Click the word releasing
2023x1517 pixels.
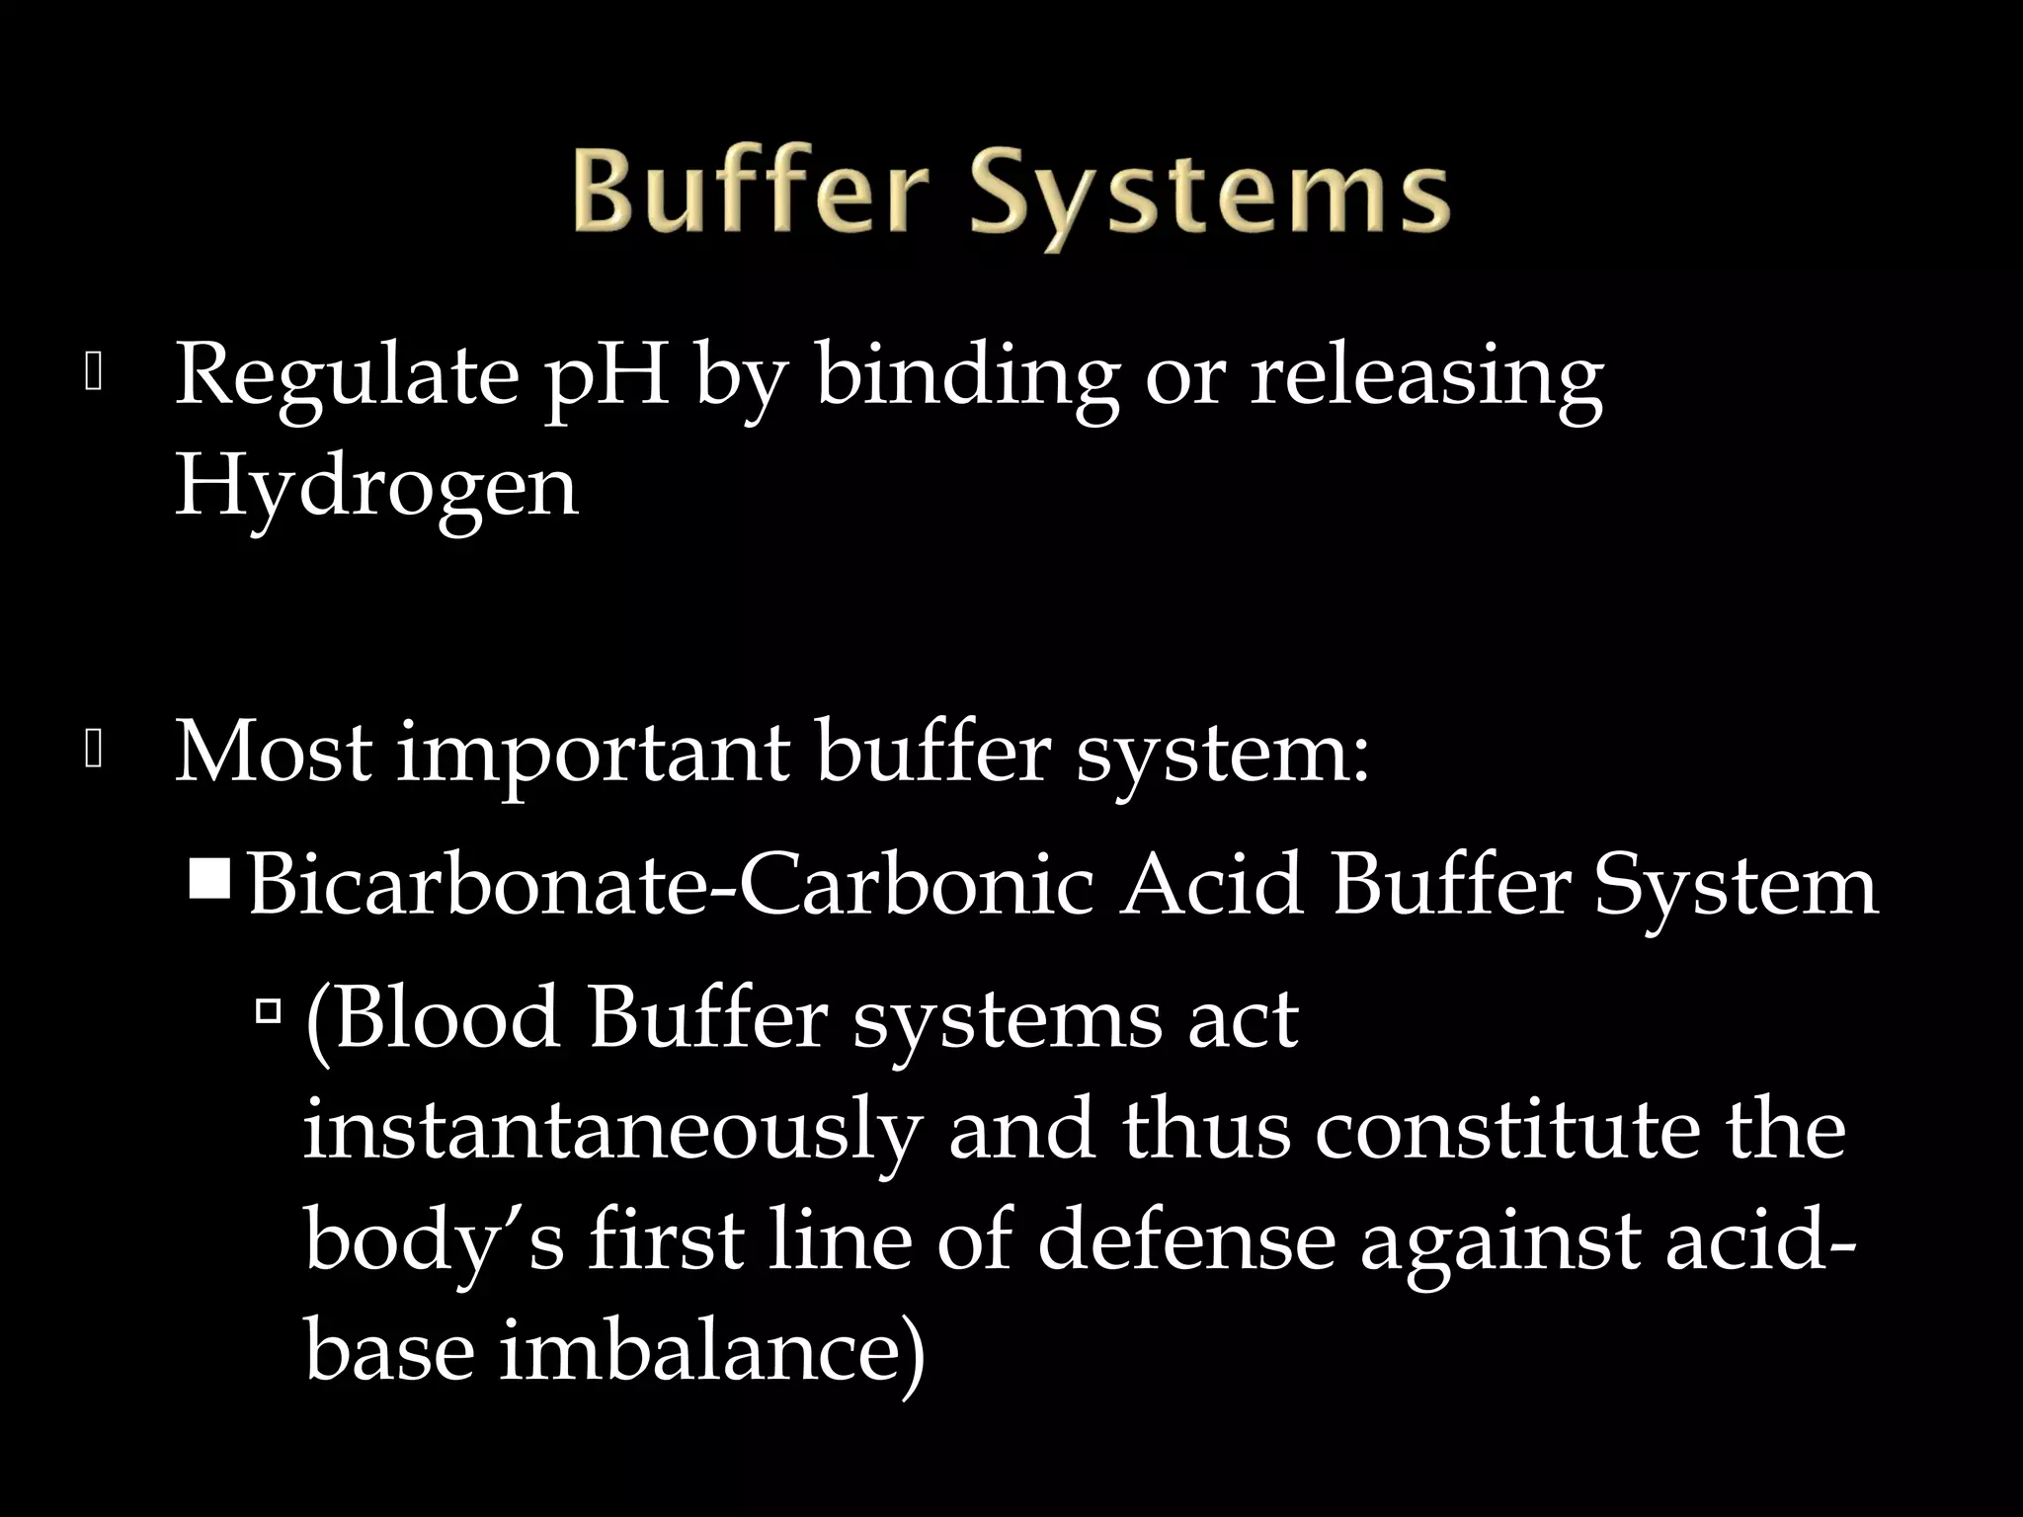coord(1426,380)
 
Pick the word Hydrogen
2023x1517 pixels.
coord(375,489)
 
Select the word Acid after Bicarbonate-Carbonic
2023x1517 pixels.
coord(1211,886)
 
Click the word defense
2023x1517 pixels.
coord(1185,1240)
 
